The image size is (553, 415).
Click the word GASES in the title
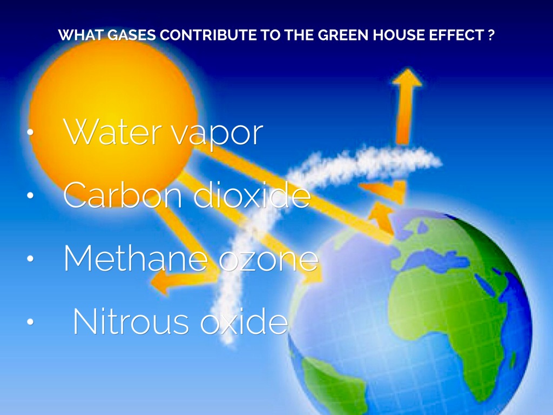pos(131,35)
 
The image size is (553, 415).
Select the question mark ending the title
pos(491,35)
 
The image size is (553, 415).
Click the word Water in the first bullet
pos(112,132)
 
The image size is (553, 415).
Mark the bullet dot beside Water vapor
pos(30,132)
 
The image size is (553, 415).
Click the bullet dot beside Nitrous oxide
pos(30,322)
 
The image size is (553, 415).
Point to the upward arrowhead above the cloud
pos(407,77)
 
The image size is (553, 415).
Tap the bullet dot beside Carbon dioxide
pos(30,195)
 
